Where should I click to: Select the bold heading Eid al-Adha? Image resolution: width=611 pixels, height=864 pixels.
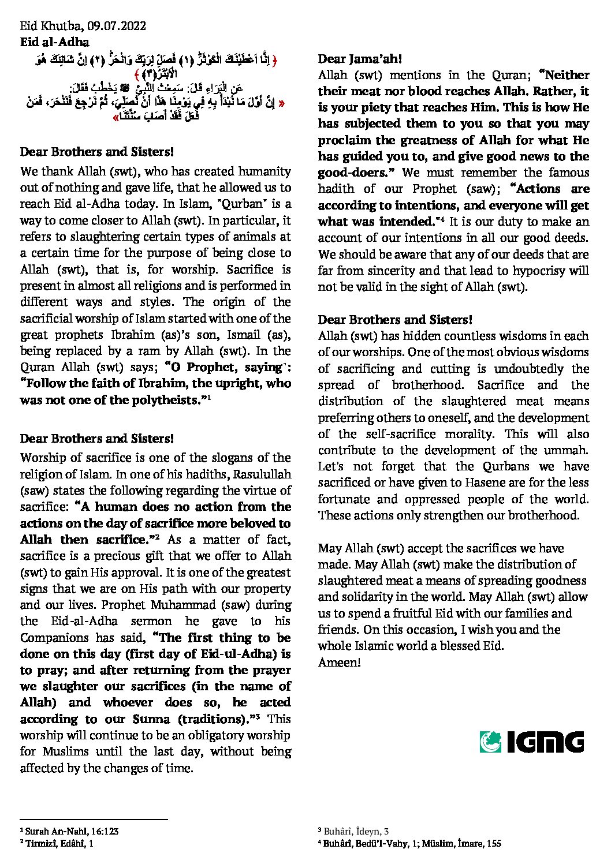click(54, 42)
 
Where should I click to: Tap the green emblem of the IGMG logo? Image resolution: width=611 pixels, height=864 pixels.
click(490, 742)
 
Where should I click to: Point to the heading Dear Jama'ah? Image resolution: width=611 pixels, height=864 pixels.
click(360, 59)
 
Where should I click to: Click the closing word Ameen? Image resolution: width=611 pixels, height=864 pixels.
click(339, 662)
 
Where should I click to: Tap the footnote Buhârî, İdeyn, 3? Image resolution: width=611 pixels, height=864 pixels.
click(352, 831)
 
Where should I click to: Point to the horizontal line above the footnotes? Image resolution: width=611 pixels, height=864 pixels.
click(94, 819)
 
